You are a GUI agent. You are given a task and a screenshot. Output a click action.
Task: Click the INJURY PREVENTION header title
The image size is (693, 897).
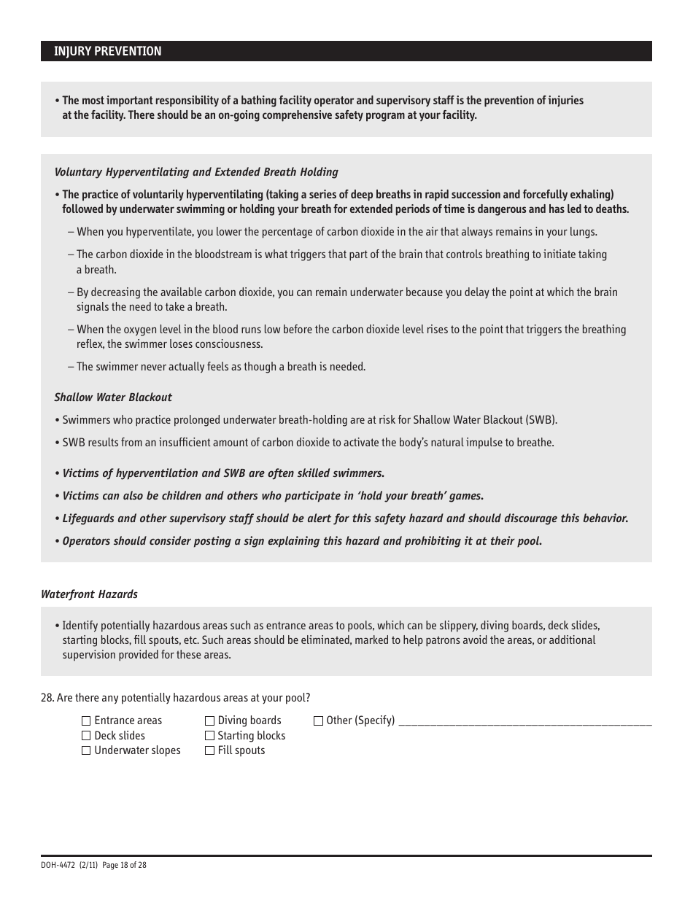[x=108, y=51]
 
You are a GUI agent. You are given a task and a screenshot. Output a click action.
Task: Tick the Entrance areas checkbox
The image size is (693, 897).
[x=86, y=721]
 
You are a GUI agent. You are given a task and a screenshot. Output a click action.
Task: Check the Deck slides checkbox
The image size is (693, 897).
[x=86, y=736]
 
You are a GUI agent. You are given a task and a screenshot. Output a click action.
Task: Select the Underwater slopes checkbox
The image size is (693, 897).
[x=86, y=750]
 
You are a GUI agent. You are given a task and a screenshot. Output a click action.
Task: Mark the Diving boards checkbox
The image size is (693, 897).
[x=210, y=721]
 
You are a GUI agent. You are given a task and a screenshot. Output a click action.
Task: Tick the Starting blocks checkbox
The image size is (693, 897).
[x=210, y=736]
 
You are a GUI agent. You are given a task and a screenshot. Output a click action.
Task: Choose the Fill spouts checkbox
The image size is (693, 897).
[x=210, y=750]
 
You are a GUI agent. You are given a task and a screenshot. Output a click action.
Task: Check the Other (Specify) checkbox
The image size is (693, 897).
[x=318, y=721]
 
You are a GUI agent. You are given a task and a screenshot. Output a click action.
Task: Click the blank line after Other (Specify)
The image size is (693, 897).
[x=525, y=722]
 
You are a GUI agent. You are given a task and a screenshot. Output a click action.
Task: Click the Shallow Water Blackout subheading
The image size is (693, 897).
[x=113, y=397]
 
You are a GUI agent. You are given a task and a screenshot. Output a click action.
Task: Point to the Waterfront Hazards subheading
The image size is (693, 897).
[x=89, y=594]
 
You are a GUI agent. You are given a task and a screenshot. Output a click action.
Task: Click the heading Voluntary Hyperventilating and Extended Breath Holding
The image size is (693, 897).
[x=196, y=172]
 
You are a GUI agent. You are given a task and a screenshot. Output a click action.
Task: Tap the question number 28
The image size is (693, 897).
[x=47, y=698]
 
